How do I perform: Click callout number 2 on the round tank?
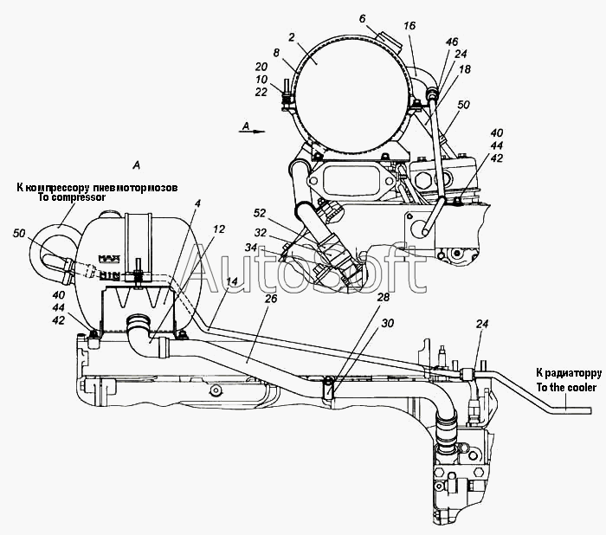292,37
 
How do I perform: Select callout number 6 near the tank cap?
362,18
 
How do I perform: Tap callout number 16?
409,25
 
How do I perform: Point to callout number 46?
451,42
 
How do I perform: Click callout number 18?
465,68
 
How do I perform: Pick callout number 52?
260,213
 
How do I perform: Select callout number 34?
251,248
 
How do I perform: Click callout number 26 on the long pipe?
271,298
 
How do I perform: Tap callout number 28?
383,297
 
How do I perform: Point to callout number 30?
387,323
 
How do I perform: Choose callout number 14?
232,281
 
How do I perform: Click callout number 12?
219,229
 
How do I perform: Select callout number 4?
197,203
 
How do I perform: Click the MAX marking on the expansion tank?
109,258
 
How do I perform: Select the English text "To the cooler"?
566,387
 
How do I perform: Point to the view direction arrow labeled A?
252,131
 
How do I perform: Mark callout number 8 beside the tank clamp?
276,53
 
